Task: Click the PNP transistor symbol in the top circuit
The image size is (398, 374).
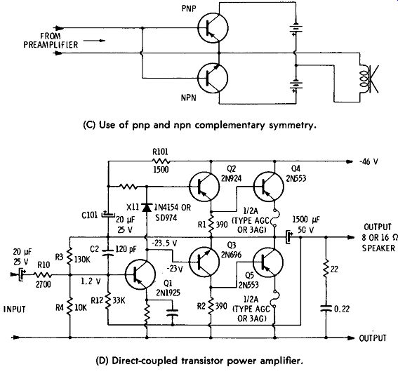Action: tap(213, 27)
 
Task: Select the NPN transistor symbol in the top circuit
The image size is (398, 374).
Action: tap(213, 78)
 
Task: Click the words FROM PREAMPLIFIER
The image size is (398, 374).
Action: tap(51, 40)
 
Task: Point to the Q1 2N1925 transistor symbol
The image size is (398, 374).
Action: tap(140, 274)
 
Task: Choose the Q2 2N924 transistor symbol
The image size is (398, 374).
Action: tap(204, 187)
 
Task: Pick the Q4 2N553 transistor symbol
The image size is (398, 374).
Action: tap(269, 187)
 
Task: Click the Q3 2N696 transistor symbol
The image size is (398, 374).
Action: tap(204, 262)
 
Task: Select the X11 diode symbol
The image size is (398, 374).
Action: tap(147, 207)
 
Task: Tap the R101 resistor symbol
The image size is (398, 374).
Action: tap(161, 161)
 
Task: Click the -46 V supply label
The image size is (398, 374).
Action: tap(369, 161)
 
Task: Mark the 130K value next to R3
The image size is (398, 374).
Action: tap(81, 260)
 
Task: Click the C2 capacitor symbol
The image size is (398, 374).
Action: tap(108, 252)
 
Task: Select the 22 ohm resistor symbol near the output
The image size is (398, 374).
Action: tap(326, 269)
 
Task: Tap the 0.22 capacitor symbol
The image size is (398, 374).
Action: tap(326, 309)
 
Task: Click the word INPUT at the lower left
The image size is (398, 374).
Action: tap(15, 309)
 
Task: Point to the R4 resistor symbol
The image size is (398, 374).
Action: tap(69, 307)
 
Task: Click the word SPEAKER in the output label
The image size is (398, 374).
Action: tap(378, 248)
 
